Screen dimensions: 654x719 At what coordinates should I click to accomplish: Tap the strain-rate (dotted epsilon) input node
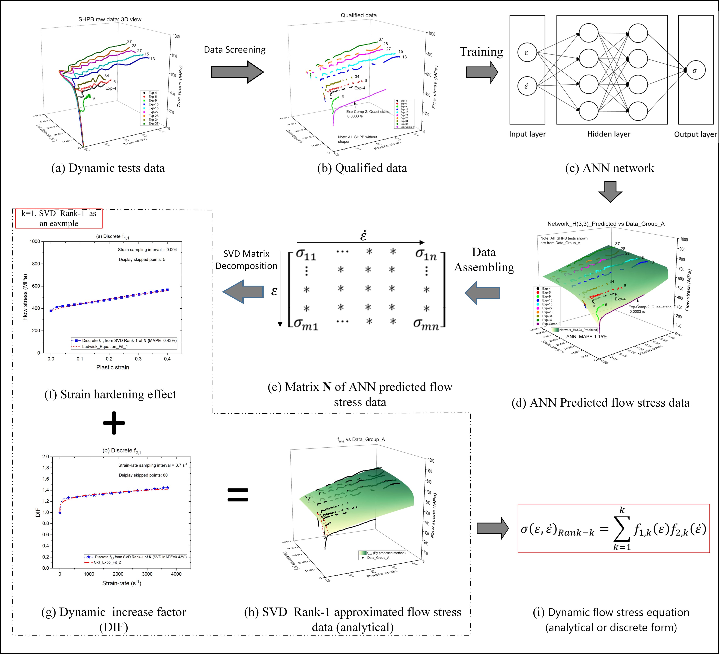[x=527, y=86]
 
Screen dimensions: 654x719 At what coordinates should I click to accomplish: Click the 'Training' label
[x=481, y=52]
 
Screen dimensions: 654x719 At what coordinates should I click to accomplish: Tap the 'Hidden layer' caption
[x=609, y=134]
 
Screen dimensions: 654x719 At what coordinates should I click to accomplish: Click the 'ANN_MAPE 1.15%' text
[x=587, y=337]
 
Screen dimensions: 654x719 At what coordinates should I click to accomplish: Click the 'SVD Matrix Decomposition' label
[x=246, y=260]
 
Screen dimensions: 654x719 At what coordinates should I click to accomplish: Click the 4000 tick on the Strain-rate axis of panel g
[x=176, y=574]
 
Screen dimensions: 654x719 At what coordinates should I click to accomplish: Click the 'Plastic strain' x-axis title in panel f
[x=113, y=367]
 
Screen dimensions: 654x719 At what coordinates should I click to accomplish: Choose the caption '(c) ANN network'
[x=609, y=168]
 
